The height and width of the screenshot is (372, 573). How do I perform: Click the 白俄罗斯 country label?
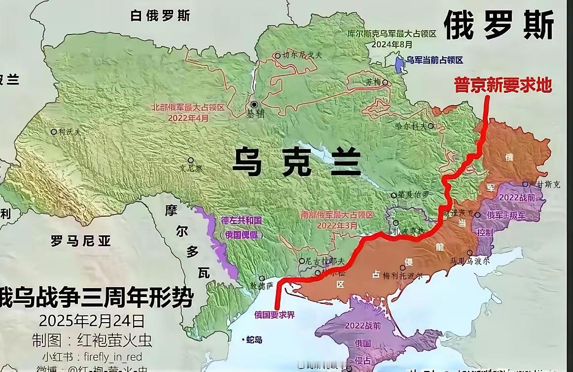tap(160, 16)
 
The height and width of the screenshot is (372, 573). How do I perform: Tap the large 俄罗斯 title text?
tap(499, 25)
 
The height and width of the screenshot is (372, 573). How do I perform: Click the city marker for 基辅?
tap(254, 105)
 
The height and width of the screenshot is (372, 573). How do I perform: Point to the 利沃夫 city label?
tap(70, 132)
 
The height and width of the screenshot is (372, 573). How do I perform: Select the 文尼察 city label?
tap(192, 168)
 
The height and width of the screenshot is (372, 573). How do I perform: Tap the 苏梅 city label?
tap(373, 82)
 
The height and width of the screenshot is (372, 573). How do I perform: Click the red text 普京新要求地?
tap(502, 85)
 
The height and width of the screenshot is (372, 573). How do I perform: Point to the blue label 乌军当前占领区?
tap(434, 60)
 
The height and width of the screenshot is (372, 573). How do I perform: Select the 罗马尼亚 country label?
tap(81, 241)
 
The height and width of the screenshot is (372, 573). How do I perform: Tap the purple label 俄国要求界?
tap(275, 315)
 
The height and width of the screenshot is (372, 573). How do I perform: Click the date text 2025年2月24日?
tap(92, 321)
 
